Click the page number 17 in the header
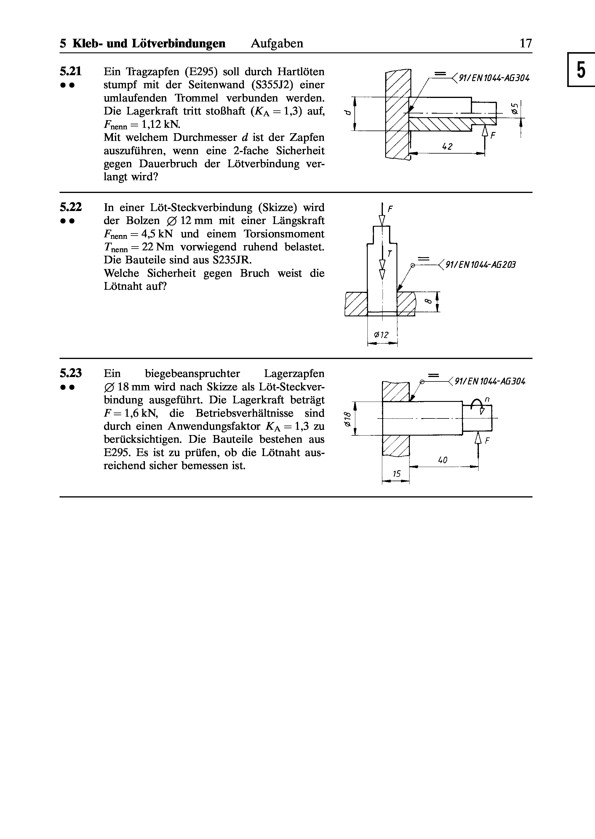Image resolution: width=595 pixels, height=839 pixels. click(x=526, y=44)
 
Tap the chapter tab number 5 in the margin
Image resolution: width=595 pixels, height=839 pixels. click(x=581, y=70)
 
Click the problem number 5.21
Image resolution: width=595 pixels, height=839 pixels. click(x=71, y=71)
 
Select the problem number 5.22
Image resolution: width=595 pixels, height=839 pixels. click(x=71, y=207)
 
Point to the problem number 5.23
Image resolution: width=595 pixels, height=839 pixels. click(x=71, y=373)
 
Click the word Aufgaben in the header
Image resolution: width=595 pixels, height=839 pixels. click(x=277, y=44)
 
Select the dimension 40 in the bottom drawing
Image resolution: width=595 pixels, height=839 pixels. click(x=443, y=460)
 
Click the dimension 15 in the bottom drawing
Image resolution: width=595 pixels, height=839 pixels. click(x=396, y=474)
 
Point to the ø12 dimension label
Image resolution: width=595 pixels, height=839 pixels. click(x=381, y=334)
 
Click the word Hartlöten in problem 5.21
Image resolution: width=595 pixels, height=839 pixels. click(x=300, y=71)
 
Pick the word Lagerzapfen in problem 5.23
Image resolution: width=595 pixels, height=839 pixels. click(x=294, y=373)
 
